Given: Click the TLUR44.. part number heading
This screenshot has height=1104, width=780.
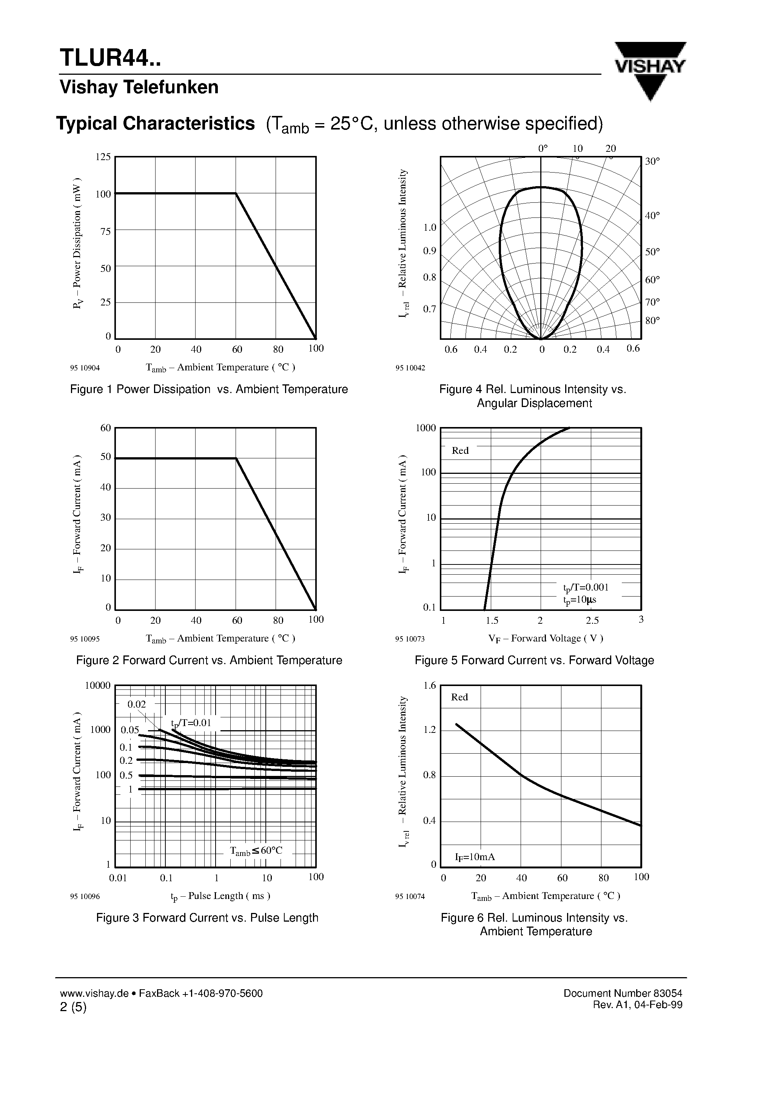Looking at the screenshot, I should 110,58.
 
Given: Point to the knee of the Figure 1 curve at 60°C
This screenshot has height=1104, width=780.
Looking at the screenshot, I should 236,193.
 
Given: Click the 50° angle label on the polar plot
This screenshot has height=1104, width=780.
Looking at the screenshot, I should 652,252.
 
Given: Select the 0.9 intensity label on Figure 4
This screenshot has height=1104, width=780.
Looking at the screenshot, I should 429,251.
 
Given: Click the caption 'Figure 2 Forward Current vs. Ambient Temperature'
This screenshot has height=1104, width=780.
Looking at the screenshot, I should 209,660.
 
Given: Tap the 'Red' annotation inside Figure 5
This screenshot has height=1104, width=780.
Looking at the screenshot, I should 460,450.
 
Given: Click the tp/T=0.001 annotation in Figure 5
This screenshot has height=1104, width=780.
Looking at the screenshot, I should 585,587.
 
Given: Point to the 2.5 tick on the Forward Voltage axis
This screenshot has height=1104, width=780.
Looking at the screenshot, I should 592,620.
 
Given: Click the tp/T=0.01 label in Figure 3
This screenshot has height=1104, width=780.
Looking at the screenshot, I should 191,723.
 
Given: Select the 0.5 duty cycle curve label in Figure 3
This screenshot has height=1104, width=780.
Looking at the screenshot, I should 126,775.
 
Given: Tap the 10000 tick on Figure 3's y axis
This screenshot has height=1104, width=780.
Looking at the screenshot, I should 98,685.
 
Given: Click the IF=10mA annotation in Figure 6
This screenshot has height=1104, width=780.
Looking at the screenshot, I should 475,857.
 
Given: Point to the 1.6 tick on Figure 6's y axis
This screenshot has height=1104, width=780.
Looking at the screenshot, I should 429,685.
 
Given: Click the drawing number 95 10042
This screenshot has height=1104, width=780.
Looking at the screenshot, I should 410,368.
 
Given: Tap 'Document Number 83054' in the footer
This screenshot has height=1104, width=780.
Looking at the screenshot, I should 622,993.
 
